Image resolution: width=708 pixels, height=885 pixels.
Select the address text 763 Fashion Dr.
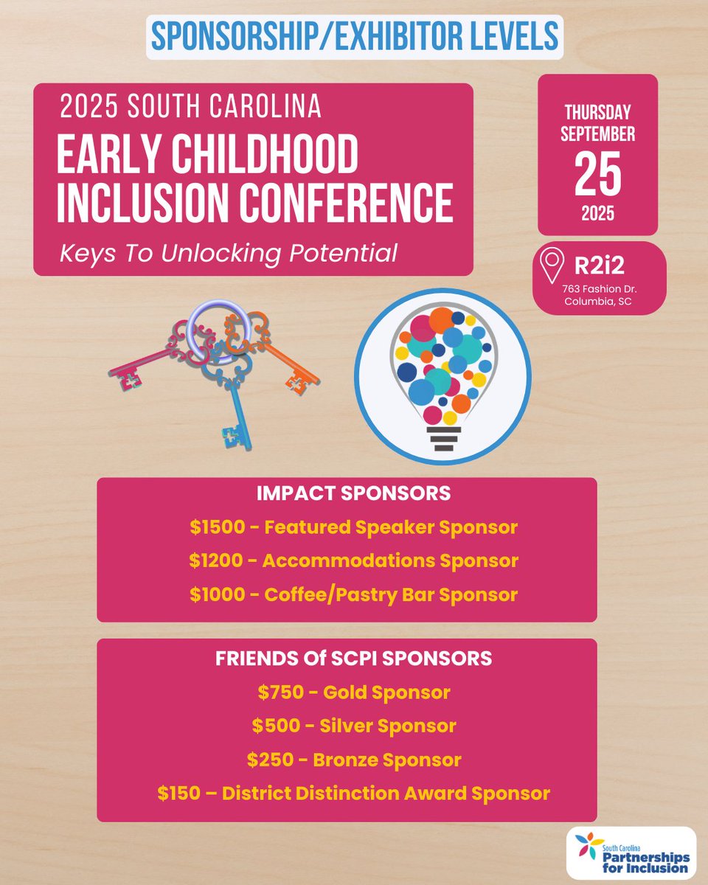pos(600,288)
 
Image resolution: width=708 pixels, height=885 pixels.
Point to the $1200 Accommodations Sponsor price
pos(211,561)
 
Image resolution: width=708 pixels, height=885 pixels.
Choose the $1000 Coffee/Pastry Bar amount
pos(210,594)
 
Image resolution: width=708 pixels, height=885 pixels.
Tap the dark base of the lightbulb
pos(443,437)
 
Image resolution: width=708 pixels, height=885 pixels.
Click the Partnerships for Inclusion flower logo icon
pos(589,848)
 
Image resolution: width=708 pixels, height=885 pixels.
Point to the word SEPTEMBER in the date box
pos(598,135)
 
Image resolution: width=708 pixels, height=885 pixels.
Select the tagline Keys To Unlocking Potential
pos(229,254)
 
